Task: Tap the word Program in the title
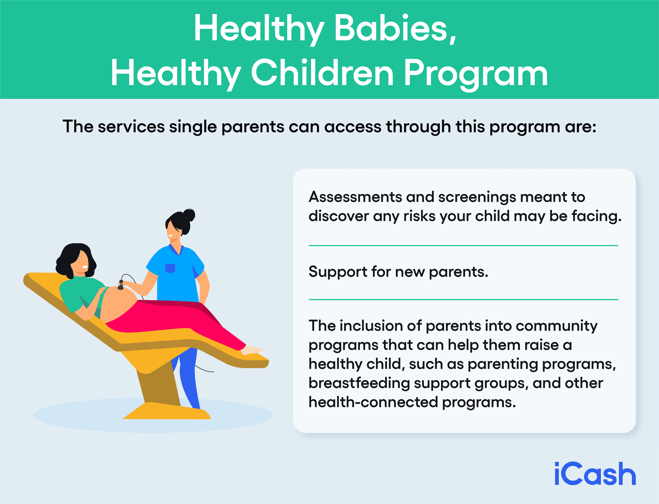(x=475, y=73)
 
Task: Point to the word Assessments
(x=355, y=197)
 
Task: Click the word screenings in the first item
(x=477, y=197)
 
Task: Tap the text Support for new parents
(x=398, y=272)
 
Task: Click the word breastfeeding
(x=359, y=383)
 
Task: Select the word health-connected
(x=373, y=402)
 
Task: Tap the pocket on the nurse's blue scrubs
(x=170, y=268)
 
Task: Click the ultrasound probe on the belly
(x=121, y=285)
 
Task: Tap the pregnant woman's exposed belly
(x=118, y=303)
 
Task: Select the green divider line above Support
(x=463, y=245)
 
